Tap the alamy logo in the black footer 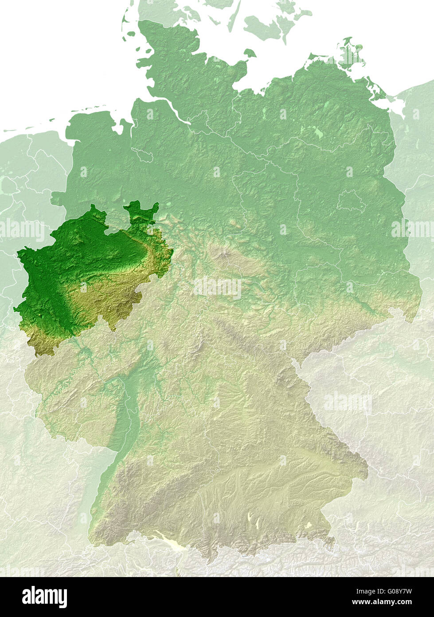[x=44, y=597]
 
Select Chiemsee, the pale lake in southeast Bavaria [x=308, y=525]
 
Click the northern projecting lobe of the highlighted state [x=141, y=211]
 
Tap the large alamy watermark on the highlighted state [x=22, y=230]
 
